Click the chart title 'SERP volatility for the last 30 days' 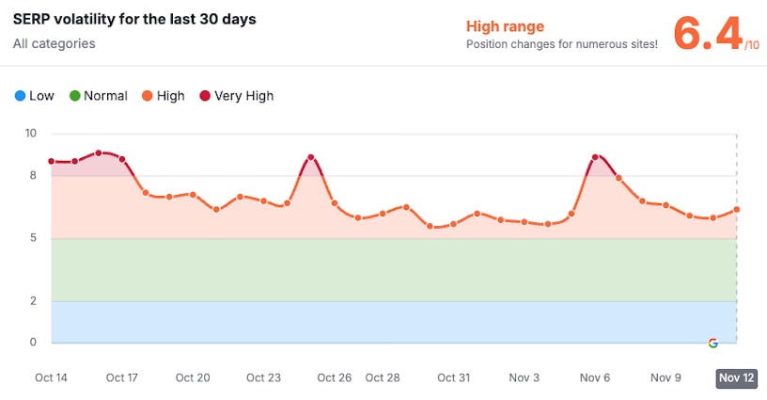[x=134, y=19]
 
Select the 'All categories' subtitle [x=54, y=43]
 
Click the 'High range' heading [x=505, y=26]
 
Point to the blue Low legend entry [x=35, y=96]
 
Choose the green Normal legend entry [x=98, y=96]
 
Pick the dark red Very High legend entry [x=236, y=96]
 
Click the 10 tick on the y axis [x=31, y=134]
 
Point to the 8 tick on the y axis [x=33, y=175]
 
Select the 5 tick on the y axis [x=33, y=238]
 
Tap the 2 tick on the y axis [x=33, y=301]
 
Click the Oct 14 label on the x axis [x=51, y=377]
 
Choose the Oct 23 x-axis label [x=263, y=377]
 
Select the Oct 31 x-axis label [x=453, y=377]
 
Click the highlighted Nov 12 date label [x=736, y=378]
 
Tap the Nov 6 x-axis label [x=595, y=377]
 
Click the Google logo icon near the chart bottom [x=712, y=343]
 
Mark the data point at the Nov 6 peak [x=595, y=157]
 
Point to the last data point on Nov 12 [x=737, y=209]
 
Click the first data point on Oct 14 [x=51, y=161]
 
